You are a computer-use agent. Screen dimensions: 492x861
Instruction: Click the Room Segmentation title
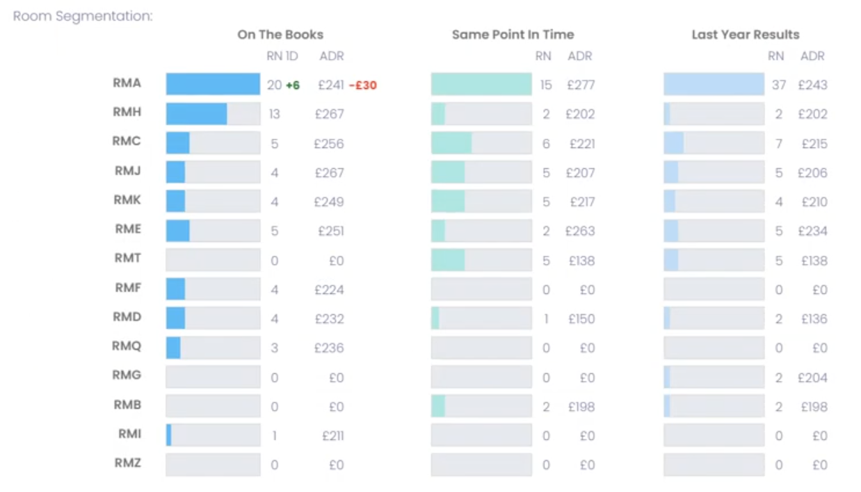click(x=83, y=15)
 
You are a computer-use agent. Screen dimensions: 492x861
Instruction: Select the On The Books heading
click(x=280, y=35)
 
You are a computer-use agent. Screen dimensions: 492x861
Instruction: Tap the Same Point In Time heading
click(x=513, y=35)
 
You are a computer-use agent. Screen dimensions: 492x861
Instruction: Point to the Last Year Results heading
click(x=745, y=35)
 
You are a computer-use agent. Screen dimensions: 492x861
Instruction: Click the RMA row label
click(x=127, y=83)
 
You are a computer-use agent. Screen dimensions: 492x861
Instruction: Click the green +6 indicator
click(x=293, y=85)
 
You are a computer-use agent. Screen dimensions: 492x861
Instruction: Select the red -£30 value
click(x=362, y=85)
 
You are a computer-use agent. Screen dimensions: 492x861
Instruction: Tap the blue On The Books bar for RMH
click(x=196, y=114)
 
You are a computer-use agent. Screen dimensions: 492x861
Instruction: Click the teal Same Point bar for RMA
click(x=481, y=84)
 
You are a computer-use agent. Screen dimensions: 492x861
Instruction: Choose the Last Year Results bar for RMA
click(x=714, y=84)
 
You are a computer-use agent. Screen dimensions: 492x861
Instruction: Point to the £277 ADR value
click(x=580, y=85)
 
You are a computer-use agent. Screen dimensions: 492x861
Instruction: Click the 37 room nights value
click(x=778, y=85)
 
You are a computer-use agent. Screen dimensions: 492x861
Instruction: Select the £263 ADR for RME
click(x=580, y=231)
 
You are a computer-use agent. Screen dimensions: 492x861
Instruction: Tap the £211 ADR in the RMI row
click(x=332, y=436)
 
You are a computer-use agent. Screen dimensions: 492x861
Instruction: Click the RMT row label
click(x=127, y=259)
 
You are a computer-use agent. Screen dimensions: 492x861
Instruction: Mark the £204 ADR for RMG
click(x=812, y=378)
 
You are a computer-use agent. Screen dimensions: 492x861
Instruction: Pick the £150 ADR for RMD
click(x=581, y=319)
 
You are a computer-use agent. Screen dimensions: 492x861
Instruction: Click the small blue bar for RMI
click(x=168, y=436)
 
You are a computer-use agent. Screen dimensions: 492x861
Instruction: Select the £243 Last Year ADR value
click(x=812, y=85)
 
